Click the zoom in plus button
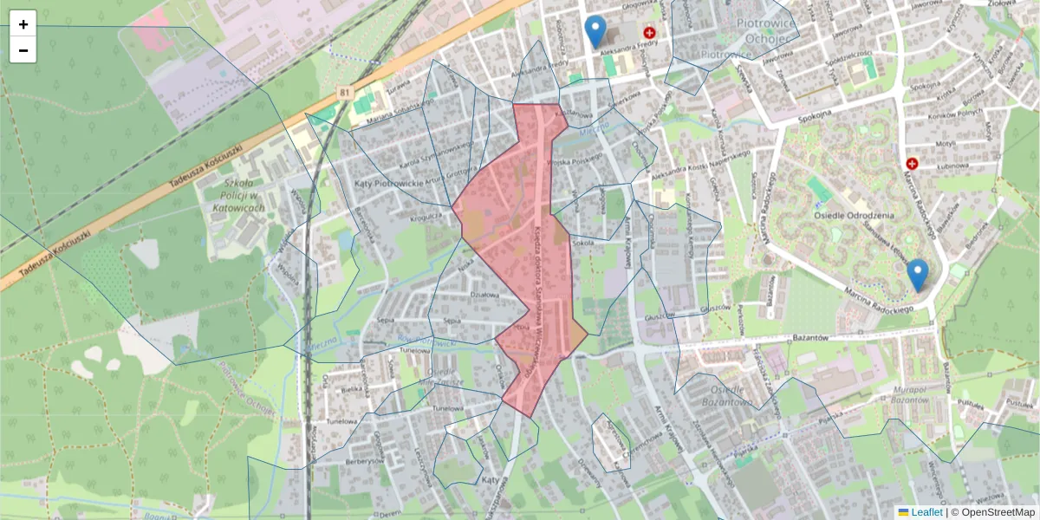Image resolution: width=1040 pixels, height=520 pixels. [23, 24]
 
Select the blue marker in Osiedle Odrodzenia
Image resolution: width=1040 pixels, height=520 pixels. [917, 275]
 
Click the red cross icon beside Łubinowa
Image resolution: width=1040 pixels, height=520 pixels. [912, 163]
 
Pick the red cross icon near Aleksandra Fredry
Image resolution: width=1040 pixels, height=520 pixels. [649, 33]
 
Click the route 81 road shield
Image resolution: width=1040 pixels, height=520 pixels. [346, 93]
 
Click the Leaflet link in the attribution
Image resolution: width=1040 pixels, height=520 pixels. [926, 512]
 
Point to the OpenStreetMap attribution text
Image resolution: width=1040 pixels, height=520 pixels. [998, 512]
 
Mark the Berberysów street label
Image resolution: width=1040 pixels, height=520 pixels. [364, 462]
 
